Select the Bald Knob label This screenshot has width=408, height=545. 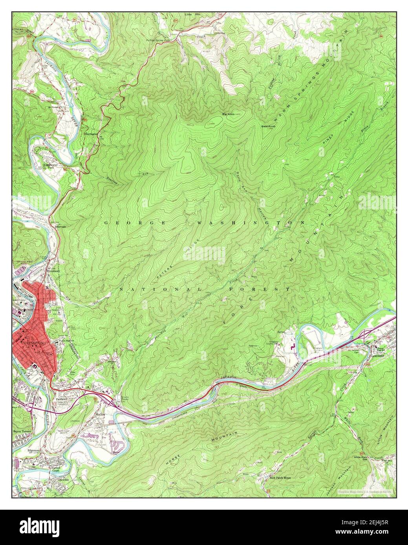point(269,127)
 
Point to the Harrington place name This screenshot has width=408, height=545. point(90,134)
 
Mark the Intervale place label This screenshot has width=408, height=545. point(57,227)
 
